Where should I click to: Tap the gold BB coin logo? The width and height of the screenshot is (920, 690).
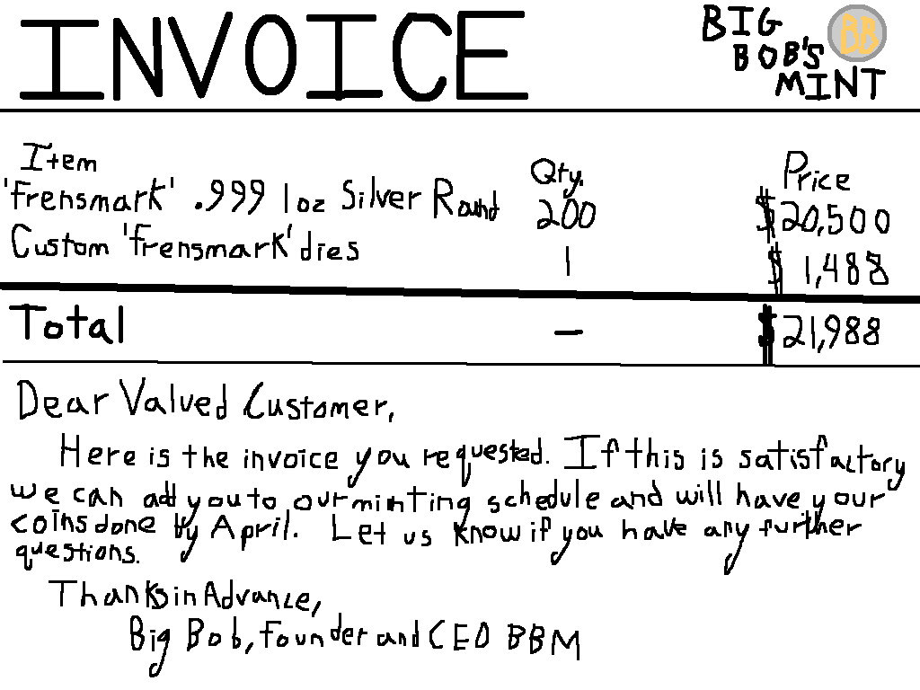tap(856, 33)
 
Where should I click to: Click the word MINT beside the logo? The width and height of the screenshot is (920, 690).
tap(829, 84)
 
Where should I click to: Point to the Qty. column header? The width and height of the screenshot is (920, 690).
tap(556, 172)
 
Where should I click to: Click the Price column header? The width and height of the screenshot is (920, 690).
tap(816, 173)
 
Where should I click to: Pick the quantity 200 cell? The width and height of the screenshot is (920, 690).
tap(565, 215)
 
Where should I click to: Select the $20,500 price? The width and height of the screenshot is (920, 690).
tap(824, 218)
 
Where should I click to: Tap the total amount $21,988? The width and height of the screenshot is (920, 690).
tap(819, 334)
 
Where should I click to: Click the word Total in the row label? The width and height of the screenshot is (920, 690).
tap(66, 323)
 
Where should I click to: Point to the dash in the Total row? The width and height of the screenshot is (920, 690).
tap(568, 332)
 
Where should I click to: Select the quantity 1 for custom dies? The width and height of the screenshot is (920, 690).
tap(567, 263)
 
